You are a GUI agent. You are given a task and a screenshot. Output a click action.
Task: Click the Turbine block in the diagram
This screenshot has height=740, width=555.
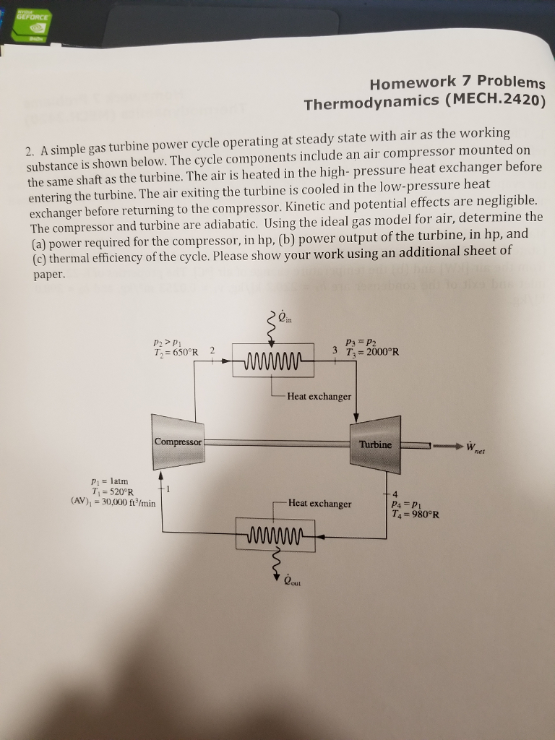(375, 443)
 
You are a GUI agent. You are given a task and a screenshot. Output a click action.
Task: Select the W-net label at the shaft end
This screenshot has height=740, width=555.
(476, 447)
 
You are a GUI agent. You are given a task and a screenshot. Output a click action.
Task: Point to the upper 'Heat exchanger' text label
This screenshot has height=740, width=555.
(319, 396)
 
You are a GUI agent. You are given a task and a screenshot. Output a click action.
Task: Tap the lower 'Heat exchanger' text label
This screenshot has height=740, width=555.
(319, 503)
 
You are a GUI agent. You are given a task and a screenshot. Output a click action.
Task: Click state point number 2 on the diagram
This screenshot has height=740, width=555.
(212, 350)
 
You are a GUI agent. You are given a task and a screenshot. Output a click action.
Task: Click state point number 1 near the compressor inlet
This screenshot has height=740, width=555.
(168, 489)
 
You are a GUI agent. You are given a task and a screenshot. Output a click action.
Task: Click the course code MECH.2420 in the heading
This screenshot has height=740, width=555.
(493, 100)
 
